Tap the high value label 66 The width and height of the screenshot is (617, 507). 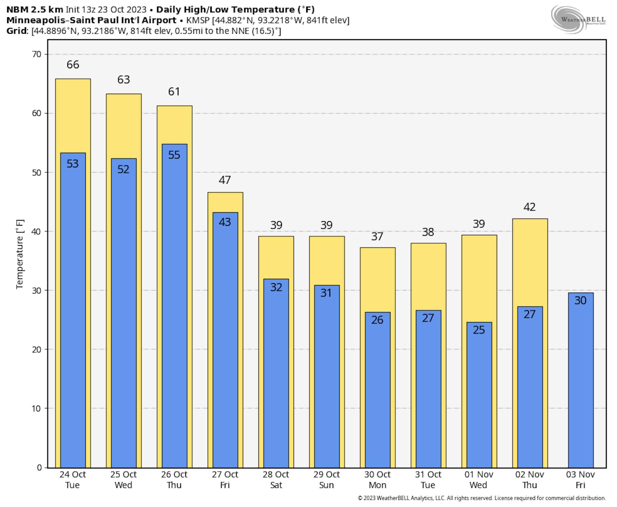[73, 65]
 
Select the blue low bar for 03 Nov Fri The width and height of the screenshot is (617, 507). [580, 380]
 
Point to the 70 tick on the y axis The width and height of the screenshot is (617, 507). [37, 54]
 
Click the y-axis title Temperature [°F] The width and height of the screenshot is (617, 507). [19, 254]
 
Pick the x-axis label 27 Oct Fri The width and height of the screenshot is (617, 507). [225, 480]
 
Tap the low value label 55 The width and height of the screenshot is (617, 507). [174, 155]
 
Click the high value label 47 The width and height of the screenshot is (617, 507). [225, 180]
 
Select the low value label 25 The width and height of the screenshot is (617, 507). [479, 330]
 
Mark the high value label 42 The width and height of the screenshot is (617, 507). [529, 207]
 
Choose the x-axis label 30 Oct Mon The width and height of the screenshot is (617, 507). [377, 480]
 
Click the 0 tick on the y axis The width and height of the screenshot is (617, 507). [39, 468]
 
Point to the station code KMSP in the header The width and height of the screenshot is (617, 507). [198, 20]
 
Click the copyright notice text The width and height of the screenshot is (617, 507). [482, 498]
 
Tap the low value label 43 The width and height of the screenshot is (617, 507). [225, 222]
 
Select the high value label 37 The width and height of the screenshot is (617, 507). [377, 236]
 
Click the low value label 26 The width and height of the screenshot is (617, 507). [377, 320]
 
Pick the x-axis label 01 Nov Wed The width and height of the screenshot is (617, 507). [479, 480]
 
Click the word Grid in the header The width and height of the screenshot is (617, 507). [17, 31]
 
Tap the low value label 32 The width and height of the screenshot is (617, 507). [276, 288]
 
